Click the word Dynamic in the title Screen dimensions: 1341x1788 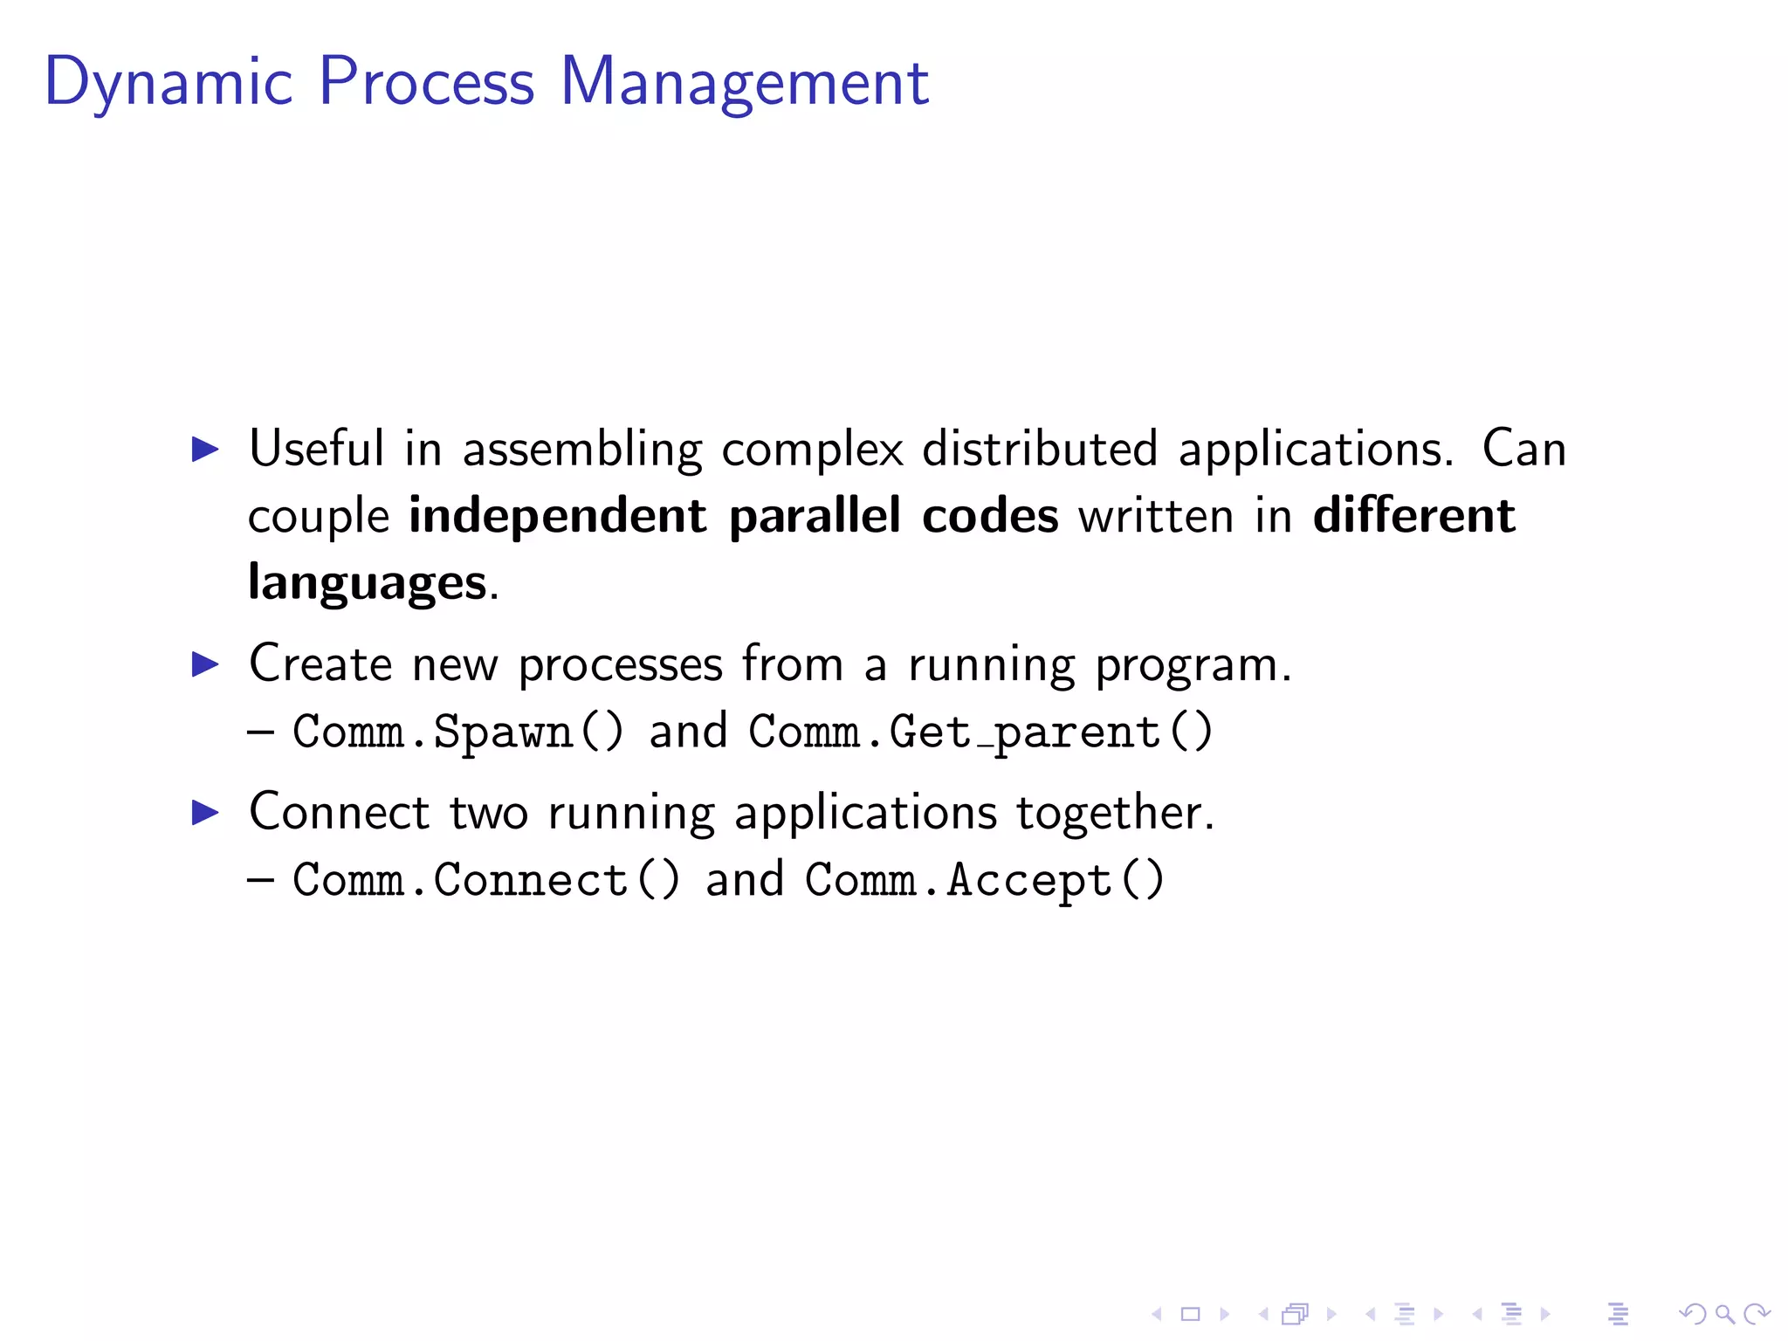[x=168, y=83]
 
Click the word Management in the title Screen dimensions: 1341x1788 [x=744, y=83]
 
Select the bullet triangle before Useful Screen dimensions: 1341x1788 [x=205, y=450]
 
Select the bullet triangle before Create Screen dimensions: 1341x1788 [x=205, y=665]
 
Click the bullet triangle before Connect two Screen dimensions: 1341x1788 [x=205, y=813]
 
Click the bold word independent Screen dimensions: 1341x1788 [x=557, y=515]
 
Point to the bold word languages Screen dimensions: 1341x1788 [x=367, y=582]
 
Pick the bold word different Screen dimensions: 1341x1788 [x=1413, y=515]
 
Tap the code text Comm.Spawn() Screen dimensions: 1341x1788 [x=457, y=732]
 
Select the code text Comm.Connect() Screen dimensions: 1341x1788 [x=485, y=879]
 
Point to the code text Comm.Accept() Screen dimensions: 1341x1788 [x=984, y=879]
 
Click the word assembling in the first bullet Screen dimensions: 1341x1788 [x=581, y=450]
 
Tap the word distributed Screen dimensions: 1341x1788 [x=1040, y=449]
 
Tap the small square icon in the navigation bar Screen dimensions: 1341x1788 [x=1190, y=1313]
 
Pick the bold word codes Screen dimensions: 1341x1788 [x=990, y=515]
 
